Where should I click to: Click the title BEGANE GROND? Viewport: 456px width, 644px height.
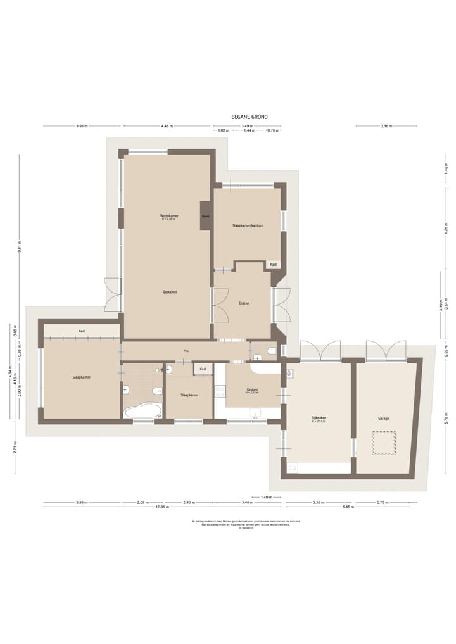coord(250,117)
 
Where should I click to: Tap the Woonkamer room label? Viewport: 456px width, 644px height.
coord(169,216)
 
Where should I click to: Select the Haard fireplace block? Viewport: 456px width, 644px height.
coord(205,216)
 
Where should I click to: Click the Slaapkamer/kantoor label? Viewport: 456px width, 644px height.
coord(248,225)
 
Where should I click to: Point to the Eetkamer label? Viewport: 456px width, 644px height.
coord(170,292)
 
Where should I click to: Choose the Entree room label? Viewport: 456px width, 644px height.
coord(244,303)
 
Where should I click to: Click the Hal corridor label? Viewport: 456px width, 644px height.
coord(186,350)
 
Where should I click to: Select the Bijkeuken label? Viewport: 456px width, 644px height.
coord(319,419)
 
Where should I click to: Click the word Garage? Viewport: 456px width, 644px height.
coord(384,419)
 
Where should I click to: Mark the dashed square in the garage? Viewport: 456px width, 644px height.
coord(383,443)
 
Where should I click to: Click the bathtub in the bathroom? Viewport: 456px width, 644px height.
coord(142,412)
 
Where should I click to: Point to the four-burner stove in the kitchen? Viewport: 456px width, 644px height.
coord(220,391)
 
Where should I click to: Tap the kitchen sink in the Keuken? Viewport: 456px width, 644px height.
coord(256,414)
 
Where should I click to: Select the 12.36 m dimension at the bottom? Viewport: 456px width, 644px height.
coord(163,507)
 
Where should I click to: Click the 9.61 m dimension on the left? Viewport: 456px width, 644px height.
coord(20,248)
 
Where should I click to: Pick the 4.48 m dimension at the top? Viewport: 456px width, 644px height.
coord(167,126)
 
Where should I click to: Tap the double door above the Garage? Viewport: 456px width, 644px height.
coord(386,350)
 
